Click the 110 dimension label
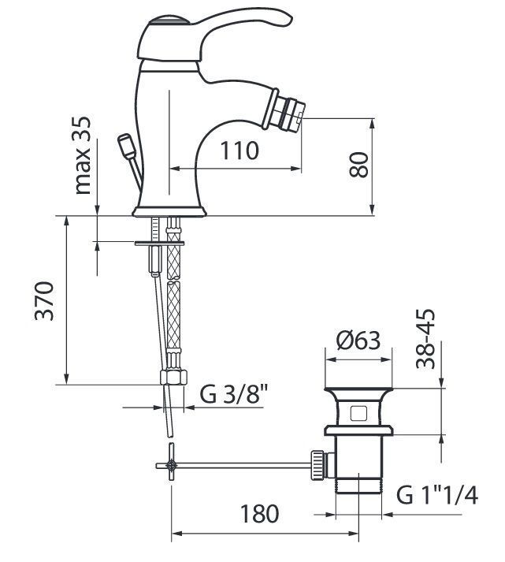tap(239, 151)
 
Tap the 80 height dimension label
tap(358, 165)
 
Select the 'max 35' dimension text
tap(83, 155)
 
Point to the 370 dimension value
tap(44, 301)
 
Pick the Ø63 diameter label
tap(358, 341)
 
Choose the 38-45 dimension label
tap(425, 339)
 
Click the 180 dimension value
tap(259, 514)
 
